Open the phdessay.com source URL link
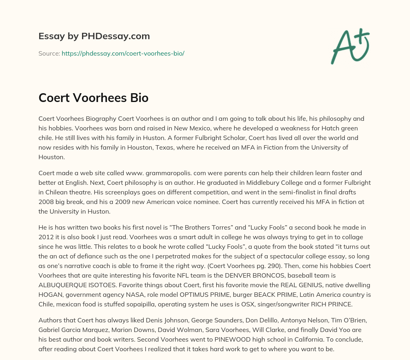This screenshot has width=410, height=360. pos(123,53)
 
